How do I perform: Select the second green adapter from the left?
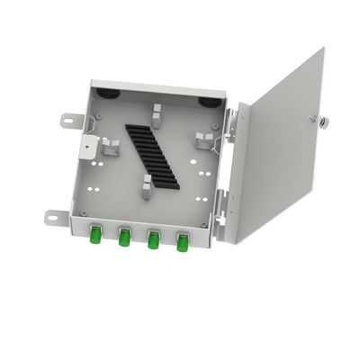click(124, 238)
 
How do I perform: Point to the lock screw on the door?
click(313, 121)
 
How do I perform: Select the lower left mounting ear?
click(54, 215)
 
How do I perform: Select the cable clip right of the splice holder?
click(204, 139)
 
